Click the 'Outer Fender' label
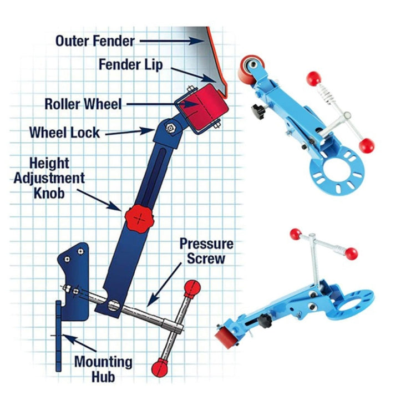coord(94,40)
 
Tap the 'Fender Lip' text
coord(131,64)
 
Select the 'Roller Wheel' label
coord(83,104)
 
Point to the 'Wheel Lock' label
coord(64,133)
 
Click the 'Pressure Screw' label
coord(206,251)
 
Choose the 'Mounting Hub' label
coord(104,369)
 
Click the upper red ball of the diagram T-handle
coord(192,287)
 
